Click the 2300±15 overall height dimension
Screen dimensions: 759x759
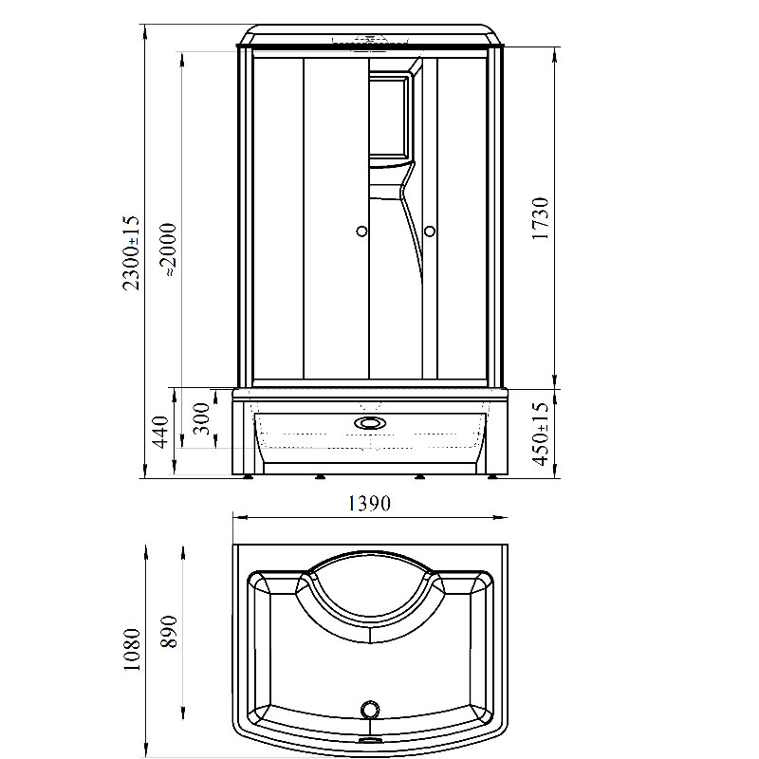131,252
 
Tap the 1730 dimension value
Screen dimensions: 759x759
540,218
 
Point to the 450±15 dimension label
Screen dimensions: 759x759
541,434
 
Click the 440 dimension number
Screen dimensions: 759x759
160,432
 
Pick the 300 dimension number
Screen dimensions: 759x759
201,418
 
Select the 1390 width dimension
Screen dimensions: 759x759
369,504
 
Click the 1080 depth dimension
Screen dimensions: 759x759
132,649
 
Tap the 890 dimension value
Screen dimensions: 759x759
170,631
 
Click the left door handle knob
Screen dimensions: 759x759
361,231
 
